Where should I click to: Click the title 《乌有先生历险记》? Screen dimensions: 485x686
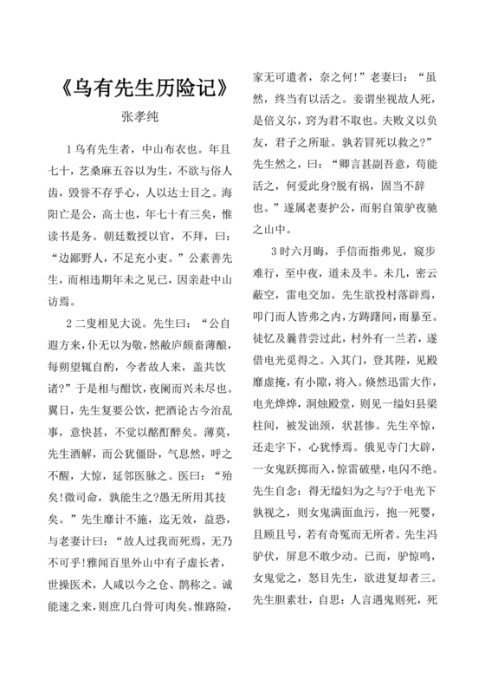pyautogui.click(x=146, y=88)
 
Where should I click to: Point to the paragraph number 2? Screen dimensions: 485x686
pyautogui.click(x=69, y=297)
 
